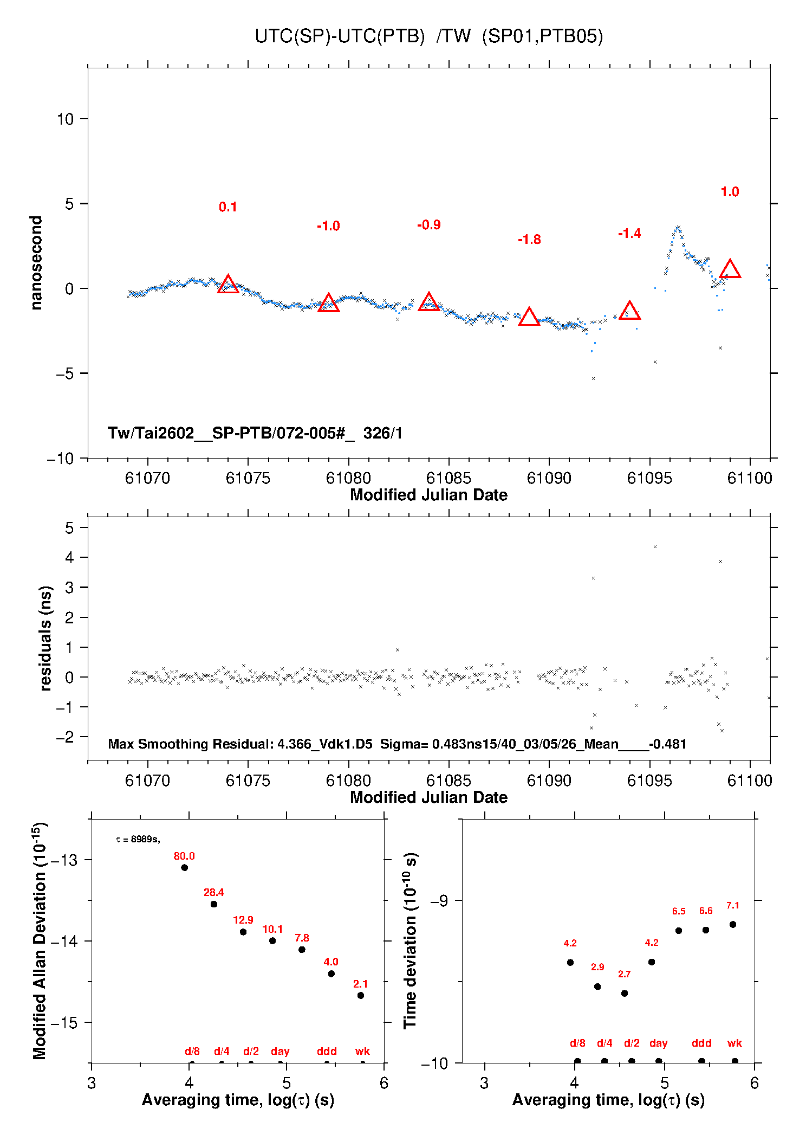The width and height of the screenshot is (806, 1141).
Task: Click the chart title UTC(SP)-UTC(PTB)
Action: (x=340, y=36)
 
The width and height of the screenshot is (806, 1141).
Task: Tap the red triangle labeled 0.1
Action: (x=228, y=285)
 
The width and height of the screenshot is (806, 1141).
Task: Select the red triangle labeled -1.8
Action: (x=529, y=317)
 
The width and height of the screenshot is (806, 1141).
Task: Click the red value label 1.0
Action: (x=730, y=192)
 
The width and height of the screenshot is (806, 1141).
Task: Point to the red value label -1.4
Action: (x=629, y=234)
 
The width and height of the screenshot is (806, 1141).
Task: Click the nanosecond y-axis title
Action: (x=36, y=263)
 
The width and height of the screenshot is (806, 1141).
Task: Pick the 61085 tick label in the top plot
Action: (x=448, y=478)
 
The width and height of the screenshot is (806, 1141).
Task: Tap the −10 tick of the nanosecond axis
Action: (x=60, y=459)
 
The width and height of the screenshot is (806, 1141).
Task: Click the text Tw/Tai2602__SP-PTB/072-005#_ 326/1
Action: (x=255, y=433)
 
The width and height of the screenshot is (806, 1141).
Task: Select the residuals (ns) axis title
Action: (x=45, y=638)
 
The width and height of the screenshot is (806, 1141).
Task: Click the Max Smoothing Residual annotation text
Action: (x=397, y=744)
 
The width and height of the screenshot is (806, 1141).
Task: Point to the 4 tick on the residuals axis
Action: (x=69, y=557)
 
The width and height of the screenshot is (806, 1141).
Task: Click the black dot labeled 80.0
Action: (x=184, y=868)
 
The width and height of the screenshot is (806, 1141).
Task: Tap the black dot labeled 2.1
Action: (x=361, y=995)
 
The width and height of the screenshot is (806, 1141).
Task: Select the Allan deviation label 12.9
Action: (x=243, y=920)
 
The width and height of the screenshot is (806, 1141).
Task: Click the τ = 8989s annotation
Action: (x=138, y=840)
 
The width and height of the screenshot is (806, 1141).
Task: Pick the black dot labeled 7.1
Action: (x=733, y=925)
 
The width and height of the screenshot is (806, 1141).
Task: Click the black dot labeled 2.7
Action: (x=625, y=994)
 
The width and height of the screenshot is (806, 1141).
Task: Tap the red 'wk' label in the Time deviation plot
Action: (x=734, y=1043)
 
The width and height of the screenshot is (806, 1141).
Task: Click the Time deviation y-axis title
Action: (x=410, y=940)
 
